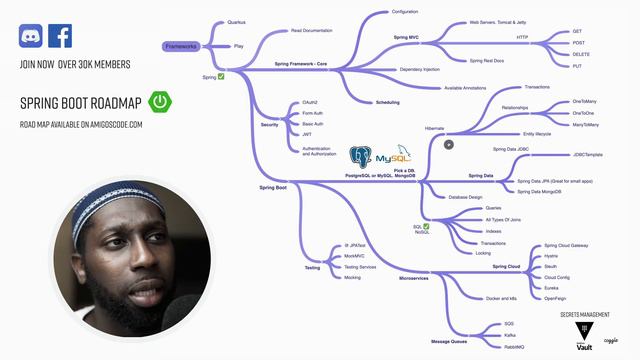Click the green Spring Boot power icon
point(159,101)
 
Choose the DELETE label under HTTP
point(577,54)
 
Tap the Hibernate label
point(434,128)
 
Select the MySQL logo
point(393,157)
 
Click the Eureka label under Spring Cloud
point(550,285)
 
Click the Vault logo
point(584,333)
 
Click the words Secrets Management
point(585,314)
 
